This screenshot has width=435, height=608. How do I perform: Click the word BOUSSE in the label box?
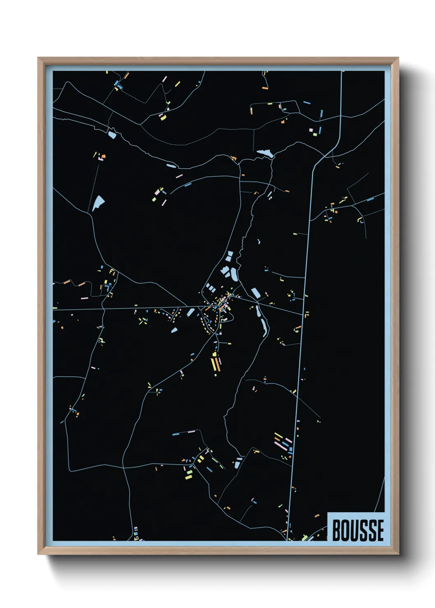[357, 530]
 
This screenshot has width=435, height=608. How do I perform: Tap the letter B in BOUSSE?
[337, 530]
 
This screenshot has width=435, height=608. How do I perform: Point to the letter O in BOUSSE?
[346, 530]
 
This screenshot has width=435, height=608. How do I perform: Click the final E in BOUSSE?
[380, 530]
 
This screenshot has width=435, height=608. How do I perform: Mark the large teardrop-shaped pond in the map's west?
[98, 203]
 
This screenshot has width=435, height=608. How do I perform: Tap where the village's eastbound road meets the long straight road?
[303, 315]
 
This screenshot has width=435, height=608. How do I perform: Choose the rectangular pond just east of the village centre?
[255, 293]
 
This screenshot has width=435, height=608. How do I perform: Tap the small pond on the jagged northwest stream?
[112, 134]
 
